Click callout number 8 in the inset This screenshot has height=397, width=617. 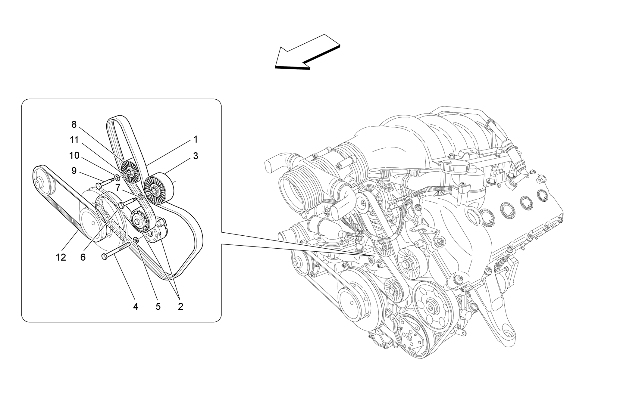(74, 124)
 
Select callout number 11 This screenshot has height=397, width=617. (74, 140)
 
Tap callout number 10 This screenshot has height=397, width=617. (74, 156)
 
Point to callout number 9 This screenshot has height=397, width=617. (74, 171)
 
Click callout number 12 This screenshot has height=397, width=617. (61, 257)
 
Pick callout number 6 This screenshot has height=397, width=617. (83, 257)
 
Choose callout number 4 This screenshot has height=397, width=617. (136, 306)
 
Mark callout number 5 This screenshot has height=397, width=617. (158, 306)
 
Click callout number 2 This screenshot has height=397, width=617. (180, 306)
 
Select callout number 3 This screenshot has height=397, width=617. (196, 156)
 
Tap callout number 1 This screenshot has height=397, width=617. (196, 139)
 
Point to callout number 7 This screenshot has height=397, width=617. (118, 187)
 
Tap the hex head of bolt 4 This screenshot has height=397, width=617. (105, 256)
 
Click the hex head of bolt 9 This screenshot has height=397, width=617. (100, 185)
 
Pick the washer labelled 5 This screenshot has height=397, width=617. (136, 240)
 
